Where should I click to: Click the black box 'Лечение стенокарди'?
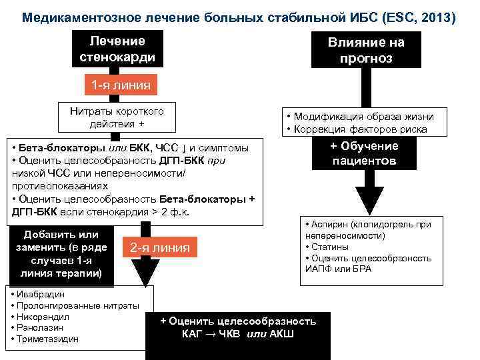117,49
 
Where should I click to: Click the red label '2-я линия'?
159,248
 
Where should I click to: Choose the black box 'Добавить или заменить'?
61,254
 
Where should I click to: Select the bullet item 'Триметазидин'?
47,339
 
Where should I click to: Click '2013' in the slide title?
435,17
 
